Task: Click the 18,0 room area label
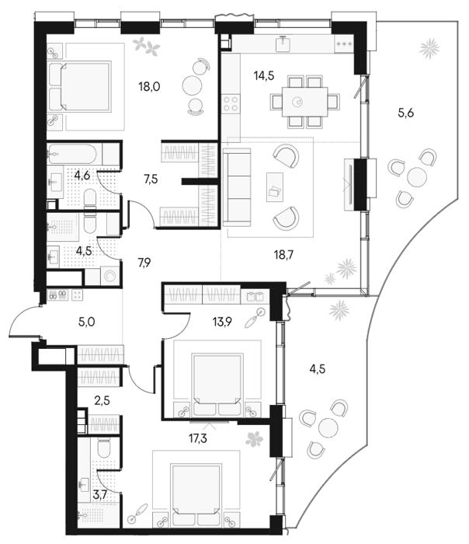149,86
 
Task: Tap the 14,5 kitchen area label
264,75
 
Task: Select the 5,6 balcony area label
405,113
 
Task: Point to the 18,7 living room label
283,255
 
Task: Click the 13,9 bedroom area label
222,322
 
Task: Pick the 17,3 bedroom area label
198,438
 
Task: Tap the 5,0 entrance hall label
87,322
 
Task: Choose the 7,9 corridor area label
144,263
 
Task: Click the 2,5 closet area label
102,401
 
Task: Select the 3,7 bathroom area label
99,494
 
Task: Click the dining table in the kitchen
304,102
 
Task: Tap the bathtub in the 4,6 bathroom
72,154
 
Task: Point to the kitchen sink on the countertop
284,43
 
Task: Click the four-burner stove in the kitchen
231,103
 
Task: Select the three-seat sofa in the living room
237,188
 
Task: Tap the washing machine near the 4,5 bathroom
110,276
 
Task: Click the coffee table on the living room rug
275,187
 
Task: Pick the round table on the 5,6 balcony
417,176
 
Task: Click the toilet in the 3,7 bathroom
104,448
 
